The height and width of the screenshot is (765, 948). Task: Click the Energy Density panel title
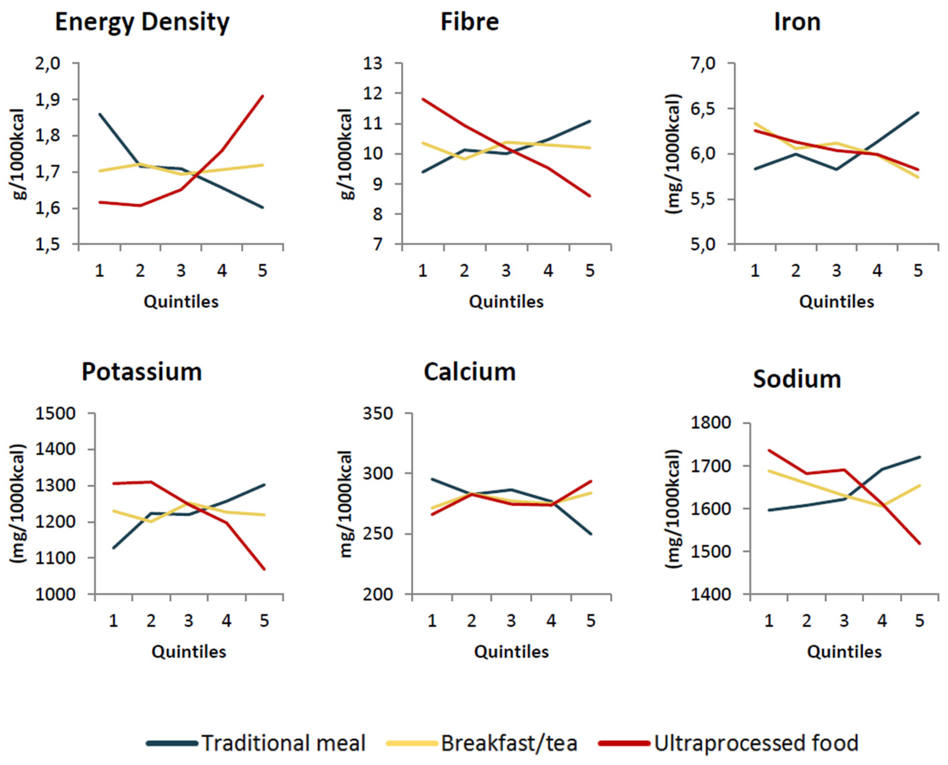(x=142, y=22)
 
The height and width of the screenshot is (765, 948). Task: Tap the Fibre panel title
(x=469, y=22)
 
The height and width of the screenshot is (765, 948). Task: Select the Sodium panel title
(x=796, y=379)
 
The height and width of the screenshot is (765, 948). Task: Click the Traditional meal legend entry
(x=283, y=743)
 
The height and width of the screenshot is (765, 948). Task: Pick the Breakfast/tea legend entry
(x=509, y=743)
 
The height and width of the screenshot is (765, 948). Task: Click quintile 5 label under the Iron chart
(x=918, y=270)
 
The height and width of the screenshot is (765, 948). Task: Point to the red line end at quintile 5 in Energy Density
(x=263, y=96)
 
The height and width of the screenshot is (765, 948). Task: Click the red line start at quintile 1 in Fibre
(x=423, y=99)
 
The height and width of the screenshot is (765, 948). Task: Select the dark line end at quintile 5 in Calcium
(x=591, y=534)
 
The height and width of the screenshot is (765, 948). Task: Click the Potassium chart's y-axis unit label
(x=17, y=503)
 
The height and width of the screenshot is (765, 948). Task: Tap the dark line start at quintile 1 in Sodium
(x=769, y=510)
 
